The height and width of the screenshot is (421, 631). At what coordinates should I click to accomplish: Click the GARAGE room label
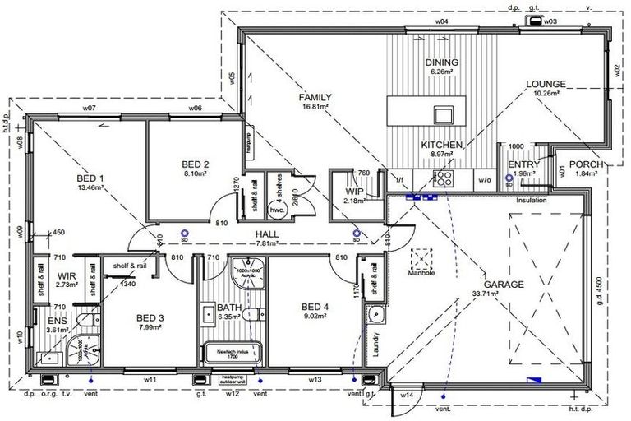point(509,284)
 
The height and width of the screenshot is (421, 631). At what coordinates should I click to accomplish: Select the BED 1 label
point(90,178)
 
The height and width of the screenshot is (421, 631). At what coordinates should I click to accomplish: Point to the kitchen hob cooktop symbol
point(444,177)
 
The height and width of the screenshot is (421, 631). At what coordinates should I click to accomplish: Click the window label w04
point(441,21)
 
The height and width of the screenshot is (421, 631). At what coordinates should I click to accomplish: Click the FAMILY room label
point(315,97)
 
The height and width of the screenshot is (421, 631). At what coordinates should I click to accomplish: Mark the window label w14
point(407,396)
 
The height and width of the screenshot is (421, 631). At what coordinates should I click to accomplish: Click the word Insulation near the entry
point(532,200)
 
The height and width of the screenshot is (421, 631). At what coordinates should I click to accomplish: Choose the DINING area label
point(441,63)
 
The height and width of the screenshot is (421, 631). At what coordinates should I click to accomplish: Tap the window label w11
point(150,380)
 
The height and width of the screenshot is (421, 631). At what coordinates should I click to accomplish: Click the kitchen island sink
point(444,113)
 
